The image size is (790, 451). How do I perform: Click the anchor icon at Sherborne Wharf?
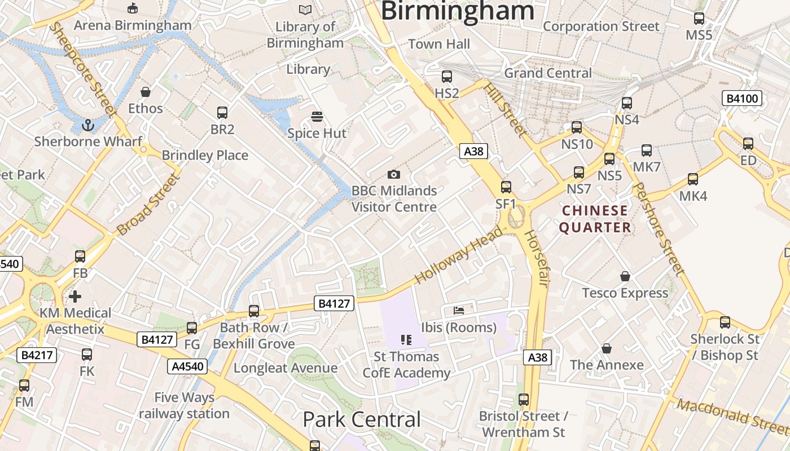click(x=87, y=125)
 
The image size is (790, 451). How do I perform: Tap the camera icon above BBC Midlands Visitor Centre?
click(x=394, y=174)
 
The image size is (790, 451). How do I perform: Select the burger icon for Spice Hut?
click(x=317, y=117)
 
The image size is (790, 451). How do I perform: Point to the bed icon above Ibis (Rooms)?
click(x=459, y=311)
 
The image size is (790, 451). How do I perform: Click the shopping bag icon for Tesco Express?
click(x=625, y=276)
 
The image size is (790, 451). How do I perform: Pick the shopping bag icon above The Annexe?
click(x=607, y=348)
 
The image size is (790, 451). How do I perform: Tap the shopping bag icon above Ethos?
click(x=146, y=91)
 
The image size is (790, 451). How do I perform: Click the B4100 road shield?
click(x=743, y=99)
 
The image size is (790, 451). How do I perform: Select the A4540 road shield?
click(x=188, y=366)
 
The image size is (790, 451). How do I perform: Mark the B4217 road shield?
click(x=37, y=355)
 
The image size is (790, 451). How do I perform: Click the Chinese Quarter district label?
click(x=594, y=219)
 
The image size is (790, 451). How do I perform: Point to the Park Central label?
click(x=362, y=419)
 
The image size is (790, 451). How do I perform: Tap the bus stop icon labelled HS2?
click(x=447, y=76)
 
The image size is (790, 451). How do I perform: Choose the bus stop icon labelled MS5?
click(x=699, y=18)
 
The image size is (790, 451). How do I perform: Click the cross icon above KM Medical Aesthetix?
click(x=75, y=296)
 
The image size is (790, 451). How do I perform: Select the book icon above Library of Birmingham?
click(x=305, y=10)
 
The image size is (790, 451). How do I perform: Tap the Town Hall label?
click(x=439, y=44)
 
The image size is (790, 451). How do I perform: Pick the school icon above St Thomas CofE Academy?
click(x=406, y=339)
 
